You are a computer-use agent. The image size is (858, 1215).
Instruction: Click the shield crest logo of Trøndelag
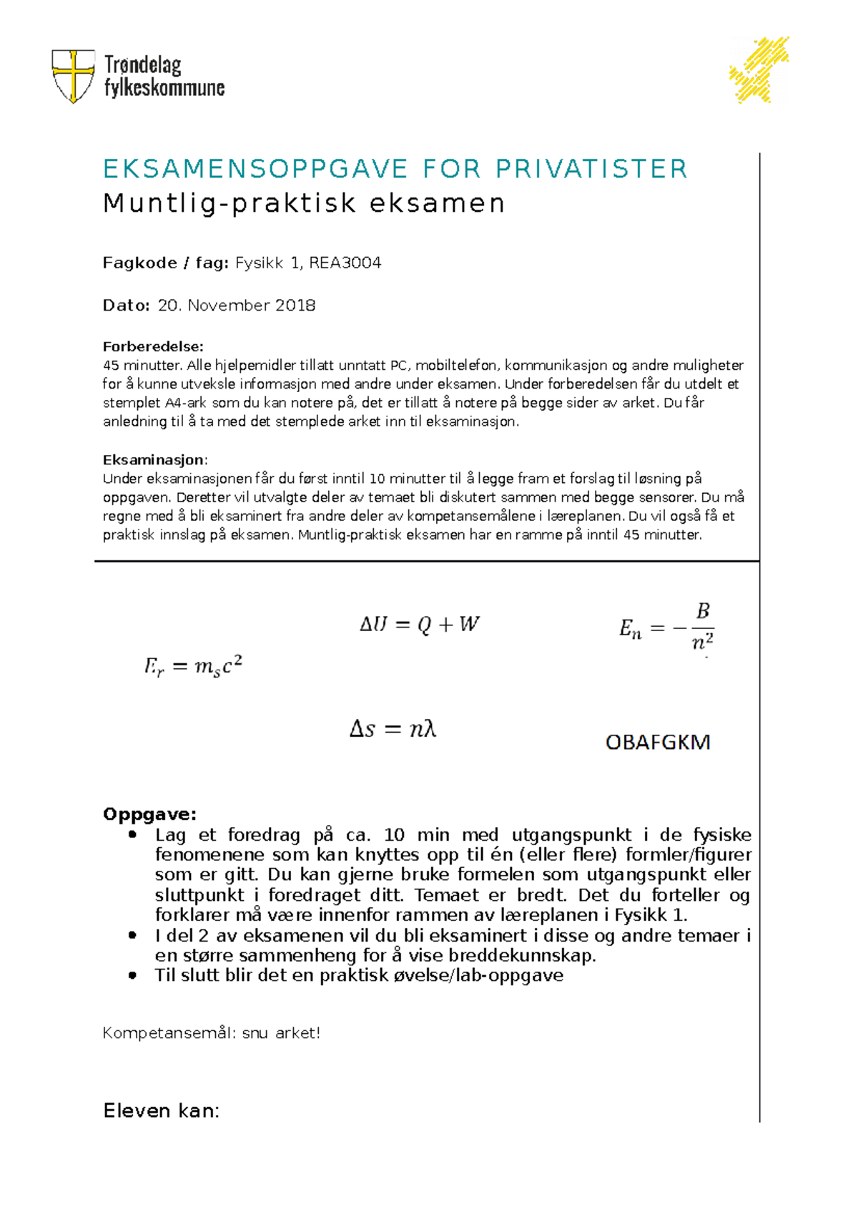tap(73, 75)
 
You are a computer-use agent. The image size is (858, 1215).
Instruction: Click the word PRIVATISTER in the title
tap(591, 170)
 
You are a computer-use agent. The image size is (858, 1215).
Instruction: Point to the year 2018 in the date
tap(295, 306)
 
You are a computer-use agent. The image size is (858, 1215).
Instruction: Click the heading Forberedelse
tap(153, 346)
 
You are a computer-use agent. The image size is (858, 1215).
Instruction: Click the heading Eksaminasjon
tap(154, 459)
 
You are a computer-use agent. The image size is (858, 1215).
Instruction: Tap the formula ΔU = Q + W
tap(419, 625)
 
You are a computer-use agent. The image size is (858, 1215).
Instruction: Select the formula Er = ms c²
tap(193, 667)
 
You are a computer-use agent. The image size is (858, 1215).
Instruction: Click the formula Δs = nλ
tap(393, 729)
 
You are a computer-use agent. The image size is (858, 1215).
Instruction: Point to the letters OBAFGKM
tap(658, 742)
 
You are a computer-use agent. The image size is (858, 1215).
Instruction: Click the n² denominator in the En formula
tap(702, 641)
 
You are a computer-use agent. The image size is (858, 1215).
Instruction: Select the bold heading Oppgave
tap(149, 814)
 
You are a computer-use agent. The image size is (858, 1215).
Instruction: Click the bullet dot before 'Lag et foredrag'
tap(132, 834)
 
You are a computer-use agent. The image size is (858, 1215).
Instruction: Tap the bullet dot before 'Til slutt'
tap(132, 975)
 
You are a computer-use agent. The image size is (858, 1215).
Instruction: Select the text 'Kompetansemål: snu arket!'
tap(211, 1033)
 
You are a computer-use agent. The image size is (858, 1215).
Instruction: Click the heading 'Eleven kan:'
tap(161, 1111)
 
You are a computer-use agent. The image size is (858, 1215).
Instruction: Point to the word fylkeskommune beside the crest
tap(164, 89)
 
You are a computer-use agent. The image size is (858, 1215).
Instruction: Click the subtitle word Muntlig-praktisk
tap(230, 204)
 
